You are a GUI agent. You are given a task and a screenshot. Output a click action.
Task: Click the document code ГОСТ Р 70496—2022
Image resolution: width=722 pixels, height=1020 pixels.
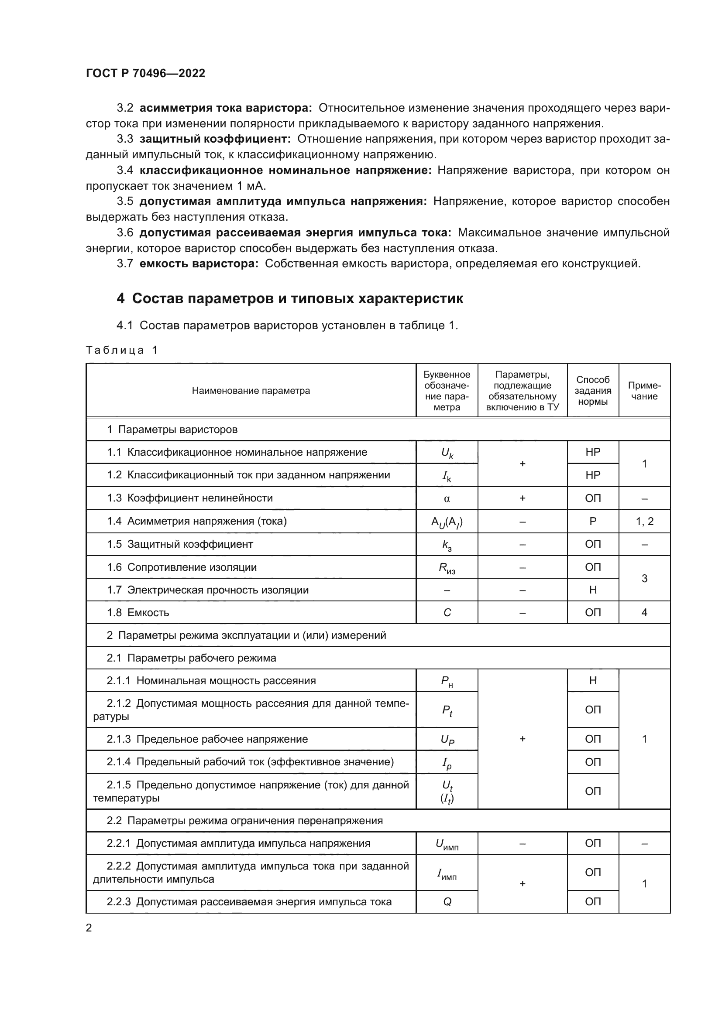pos(145,73)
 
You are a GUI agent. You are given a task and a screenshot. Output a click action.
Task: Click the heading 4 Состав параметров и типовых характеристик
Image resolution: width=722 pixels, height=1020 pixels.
pos(289,298)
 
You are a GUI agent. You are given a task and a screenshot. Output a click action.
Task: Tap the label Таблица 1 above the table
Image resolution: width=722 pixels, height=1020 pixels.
pos(121,350)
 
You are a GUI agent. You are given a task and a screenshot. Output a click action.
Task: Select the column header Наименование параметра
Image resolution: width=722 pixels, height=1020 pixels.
pos(251,390)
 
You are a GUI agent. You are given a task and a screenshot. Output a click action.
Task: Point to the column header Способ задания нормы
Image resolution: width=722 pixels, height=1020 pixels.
pos(593,390)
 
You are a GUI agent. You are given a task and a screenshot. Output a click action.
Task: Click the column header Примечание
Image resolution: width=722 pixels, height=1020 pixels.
pos(644,390)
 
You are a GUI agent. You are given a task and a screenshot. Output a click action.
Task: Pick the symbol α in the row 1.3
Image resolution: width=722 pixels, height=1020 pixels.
pos(447,498)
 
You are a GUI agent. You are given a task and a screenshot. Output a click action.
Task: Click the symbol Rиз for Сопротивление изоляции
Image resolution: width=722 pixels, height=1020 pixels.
pos(447,568)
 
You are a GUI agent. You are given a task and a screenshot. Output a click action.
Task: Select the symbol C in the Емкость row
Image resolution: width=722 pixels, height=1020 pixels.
pos(447,613)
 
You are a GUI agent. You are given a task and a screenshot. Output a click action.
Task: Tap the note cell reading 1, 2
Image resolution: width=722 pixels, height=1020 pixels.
pos(644,522)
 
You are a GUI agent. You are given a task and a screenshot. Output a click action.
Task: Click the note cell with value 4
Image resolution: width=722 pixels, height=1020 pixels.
pos(644,613)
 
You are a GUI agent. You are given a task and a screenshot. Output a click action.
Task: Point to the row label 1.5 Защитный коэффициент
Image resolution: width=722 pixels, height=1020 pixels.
pos(179,544)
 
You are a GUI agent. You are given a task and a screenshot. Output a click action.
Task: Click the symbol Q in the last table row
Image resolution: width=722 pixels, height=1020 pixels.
pos(447,902)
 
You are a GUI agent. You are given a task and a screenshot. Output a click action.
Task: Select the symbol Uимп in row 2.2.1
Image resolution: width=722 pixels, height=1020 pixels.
pos(447,844)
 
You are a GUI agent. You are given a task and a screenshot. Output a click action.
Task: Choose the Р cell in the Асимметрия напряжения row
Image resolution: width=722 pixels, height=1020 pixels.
pos(593,522)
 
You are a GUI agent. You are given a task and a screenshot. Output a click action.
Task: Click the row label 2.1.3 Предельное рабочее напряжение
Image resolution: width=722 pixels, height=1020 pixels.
pos(207,739)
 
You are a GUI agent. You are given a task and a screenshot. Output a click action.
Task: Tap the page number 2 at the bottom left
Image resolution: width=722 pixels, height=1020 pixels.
pos(89,928)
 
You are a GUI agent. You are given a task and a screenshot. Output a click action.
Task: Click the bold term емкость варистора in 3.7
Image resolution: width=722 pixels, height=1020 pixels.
pos(199,263)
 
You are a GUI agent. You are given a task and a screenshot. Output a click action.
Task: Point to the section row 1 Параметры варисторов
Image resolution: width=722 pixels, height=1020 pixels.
pos(172,430)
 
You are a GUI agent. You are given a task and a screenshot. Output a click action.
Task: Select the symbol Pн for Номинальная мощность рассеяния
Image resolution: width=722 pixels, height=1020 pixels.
pos(447,681)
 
